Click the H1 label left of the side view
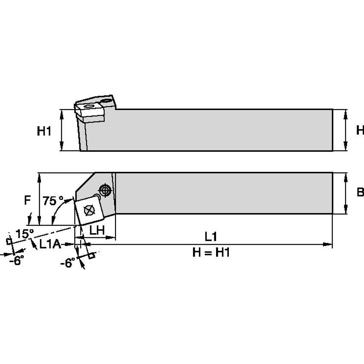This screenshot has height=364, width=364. click(x=44, y=131)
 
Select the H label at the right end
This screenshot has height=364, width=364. click(x=360, y=130)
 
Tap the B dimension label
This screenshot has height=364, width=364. click(x=360, y=193)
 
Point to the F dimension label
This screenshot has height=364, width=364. click(x=28, y=200)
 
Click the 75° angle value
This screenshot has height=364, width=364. click(x=53, y=200)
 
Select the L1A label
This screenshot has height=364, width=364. click(x=50, y=244)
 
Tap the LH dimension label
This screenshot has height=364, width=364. click(x=98, y=230)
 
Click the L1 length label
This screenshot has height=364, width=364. click(x=211, y=236)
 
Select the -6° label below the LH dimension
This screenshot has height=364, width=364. click(x=67, y=263)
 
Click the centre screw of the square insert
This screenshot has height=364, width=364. click(x=89, y=210)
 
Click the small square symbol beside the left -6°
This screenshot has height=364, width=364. click(x=8, y=241)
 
